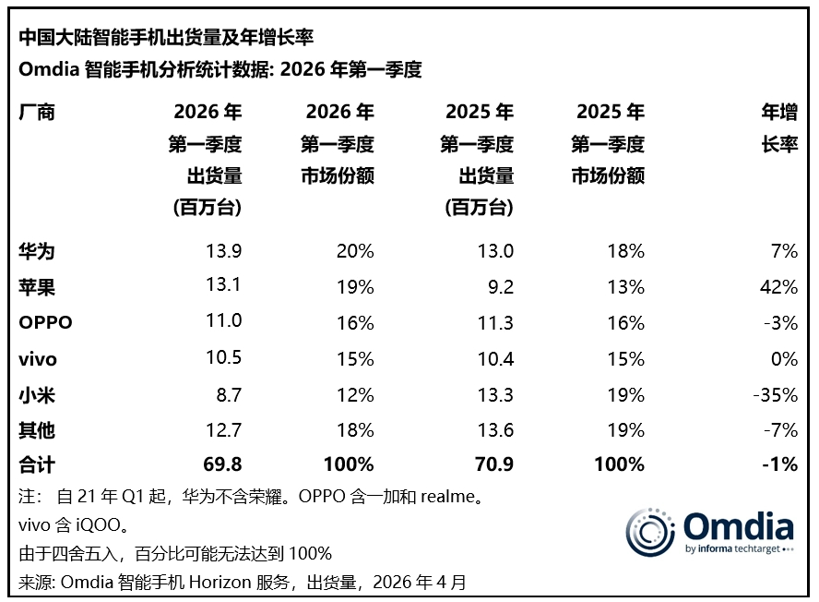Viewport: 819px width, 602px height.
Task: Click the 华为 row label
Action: click(x=37, y=251)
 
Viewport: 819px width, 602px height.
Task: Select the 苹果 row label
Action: click(x=37, y=287)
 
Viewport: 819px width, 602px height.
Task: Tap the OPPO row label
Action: click(x=45, y=323)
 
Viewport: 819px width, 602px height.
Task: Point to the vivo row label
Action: click(x=39, y=359)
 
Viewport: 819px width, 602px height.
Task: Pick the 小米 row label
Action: click(x=37, y=395)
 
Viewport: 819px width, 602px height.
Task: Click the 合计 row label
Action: click(x=37, y=464)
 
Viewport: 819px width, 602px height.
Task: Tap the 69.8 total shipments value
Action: click(x=221, y=464)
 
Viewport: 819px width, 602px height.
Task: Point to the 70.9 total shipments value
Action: click(x=493, y=464)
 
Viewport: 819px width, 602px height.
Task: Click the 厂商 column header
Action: click(x=37, y=113)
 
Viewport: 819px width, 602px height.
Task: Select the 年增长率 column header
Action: click(x=778, y=129)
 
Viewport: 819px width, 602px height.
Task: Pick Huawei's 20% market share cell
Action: click(x=354, y=251)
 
